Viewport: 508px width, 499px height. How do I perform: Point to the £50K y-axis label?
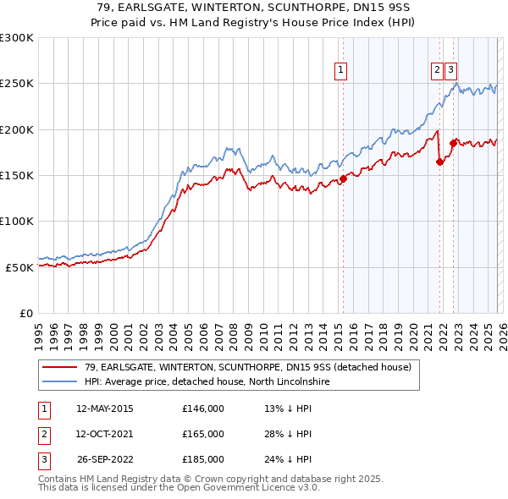19,267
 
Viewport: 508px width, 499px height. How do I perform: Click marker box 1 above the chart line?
340,71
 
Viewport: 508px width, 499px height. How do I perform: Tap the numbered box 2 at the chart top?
437,71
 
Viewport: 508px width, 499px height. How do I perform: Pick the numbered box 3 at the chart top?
451,71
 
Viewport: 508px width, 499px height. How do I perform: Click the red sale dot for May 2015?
343,178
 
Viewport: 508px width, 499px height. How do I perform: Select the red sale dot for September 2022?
453,143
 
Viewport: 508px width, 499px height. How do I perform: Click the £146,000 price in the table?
203,409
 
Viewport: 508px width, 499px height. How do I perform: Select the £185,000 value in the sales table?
203,459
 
